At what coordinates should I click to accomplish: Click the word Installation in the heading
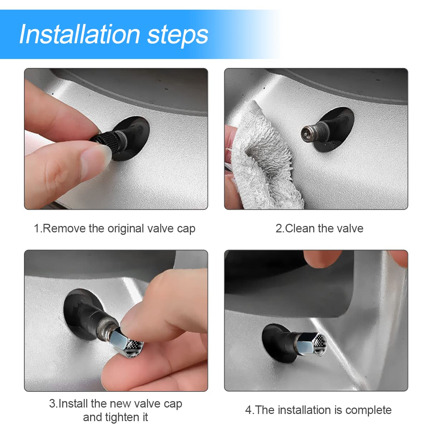coord(79,34)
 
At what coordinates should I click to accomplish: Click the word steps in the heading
coord(178,35)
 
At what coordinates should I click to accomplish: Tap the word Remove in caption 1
coord(64,228)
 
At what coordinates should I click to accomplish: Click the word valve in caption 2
coord(350,228)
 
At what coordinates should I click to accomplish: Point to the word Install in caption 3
coord(74,404)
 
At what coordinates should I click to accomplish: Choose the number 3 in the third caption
coord(52,404)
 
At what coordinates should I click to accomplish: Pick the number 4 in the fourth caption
coord(248,410)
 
